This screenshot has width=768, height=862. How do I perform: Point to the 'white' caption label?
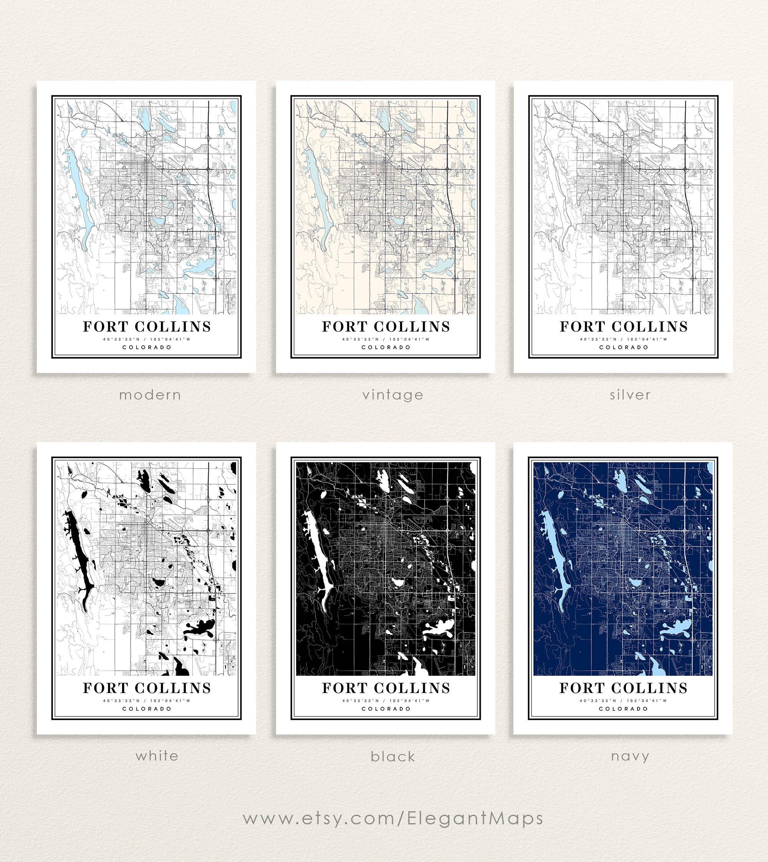tap(157, 756)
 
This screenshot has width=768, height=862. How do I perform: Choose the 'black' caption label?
tap(393, 756)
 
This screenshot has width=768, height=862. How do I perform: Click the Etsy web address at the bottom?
tap(393, 818)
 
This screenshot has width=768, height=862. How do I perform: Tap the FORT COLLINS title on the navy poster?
tap(623, 688)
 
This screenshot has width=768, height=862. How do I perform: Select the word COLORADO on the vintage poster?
tap(386, 347)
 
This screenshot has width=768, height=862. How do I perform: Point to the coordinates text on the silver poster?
tap(624, 339)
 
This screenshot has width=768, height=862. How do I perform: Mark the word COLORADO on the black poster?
tap(386, 709)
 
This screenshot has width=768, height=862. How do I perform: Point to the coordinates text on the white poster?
tap(147, 701)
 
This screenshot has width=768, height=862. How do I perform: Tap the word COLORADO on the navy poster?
tap(623, 709)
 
